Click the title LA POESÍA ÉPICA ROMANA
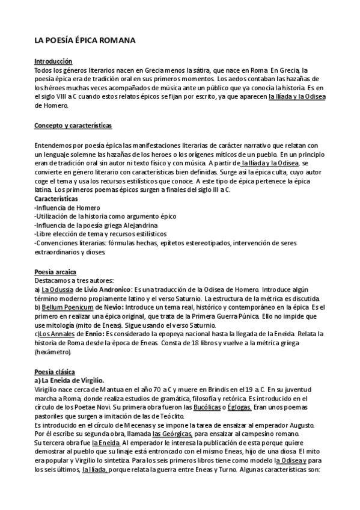coord(85,41)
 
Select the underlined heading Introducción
coord(53,61)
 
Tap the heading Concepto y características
coord(73,126)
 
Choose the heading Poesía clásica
coord(55,372)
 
